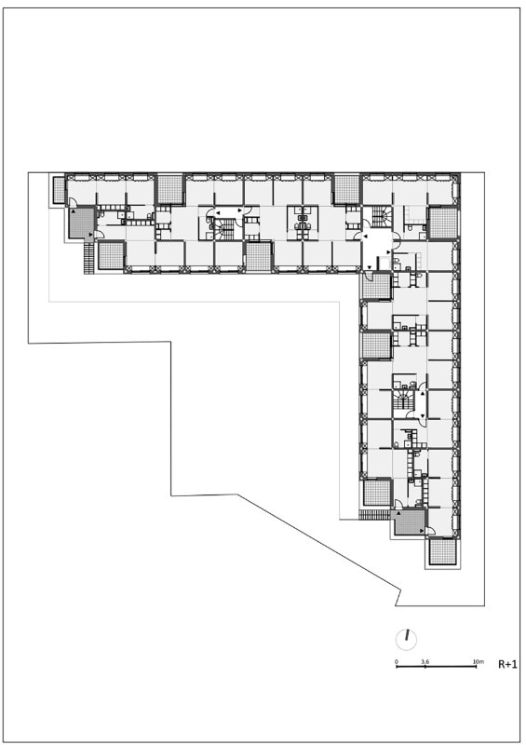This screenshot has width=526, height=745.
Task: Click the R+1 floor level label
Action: [507, 664]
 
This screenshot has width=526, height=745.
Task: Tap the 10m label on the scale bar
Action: [478, 661]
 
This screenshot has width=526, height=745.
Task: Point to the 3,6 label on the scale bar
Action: [425, 661]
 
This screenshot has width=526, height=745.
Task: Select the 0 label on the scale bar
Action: [397, 661]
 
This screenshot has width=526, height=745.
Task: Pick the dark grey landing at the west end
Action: [82, 223]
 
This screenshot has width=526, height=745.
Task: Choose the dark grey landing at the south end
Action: [409, 521]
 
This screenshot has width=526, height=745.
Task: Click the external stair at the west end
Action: [88, 258]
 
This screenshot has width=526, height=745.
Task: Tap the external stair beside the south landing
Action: [374, 515]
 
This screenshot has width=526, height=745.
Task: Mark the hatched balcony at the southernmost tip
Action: [443, 551]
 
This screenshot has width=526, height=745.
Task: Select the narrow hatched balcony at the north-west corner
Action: [59, 190]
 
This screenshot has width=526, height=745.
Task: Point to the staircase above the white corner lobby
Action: [381, 217]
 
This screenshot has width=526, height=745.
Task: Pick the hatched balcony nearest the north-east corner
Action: [443, 223]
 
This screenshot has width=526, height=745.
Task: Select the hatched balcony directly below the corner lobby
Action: [376, 286]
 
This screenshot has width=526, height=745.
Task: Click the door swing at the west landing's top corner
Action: [74, 203]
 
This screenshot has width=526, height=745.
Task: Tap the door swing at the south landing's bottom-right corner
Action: [429, 531]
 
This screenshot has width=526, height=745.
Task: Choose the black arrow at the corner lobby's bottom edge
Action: [370, 268]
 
